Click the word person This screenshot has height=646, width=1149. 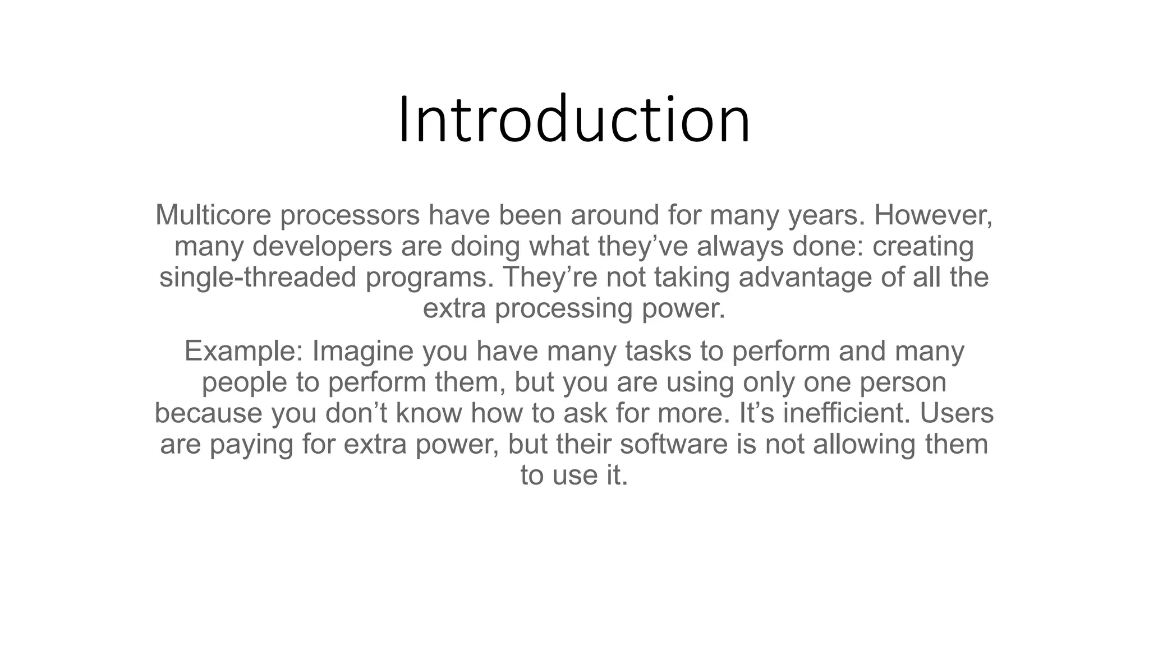click(903, 382)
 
